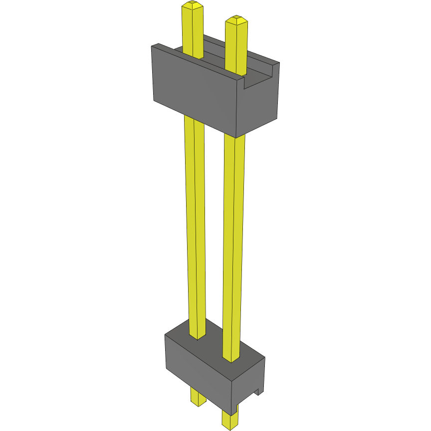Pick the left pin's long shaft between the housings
pos(195,224)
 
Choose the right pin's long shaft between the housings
pos(234,239)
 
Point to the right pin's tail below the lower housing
pos(230,420)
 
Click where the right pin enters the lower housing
pos(231,358)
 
